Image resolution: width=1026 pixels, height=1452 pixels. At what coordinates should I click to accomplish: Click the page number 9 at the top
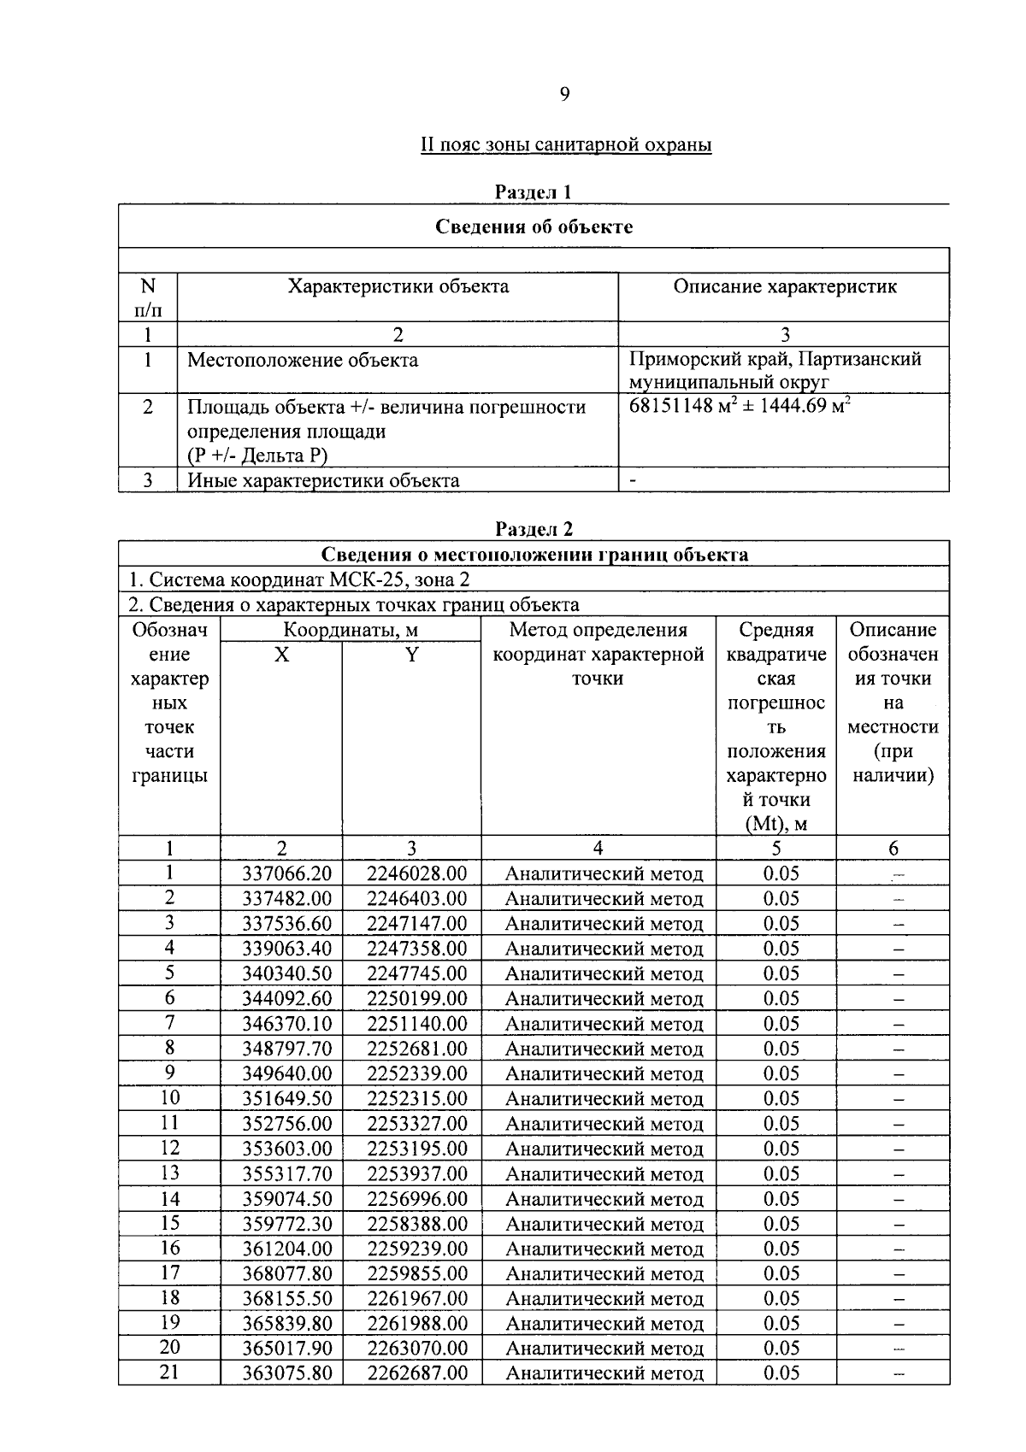564,94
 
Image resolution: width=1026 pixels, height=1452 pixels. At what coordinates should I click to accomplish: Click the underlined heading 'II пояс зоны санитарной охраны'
565,144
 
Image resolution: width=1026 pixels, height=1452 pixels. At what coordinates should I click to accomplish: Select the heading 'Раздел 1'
533,192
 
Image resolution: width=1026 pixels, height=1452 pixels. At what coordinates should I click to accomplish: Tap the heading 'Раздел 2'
534,530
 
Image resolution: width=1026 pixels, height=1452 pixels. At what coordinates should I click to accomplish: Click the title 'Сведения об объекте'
534,226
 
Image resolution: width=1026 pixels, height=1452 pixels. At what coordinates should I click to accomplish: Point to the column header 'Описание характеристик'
784,286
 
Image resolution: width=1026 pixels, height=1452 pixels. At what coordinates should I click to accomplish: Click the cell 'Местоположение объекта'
303,360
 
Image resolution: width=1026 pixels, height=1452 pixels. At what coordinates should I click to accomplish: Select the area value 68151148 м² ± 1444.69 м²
740,405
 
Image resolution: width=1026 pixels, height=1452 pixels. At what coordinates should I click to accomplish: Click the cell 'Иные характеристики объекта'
323,480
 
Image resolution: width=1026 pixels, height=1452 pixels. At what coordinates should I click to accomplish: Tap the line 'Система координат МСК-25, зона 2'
299,579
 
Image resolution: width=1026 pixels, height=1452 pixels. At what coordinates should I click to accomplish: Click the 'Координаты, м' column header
351,631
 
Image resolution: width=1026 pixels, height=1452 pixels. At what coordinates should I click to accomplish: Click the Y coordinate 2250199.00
417,998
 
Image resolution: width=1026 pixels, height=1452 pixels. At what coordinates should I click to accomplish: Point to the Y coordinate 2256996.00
417,1199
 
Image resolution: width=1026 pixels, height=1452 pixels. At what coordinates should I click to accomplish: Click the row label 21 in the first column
170,1373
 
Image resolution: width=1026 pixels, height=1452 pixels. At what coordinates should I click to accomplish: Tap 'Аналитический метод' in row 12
604,1149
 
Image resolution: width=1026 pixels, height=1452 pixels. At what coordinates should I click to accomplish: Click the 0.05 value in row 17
781,1273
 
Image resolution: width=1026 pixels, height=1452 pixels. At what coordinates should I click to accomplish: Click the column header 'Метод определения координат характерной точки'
598,655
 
